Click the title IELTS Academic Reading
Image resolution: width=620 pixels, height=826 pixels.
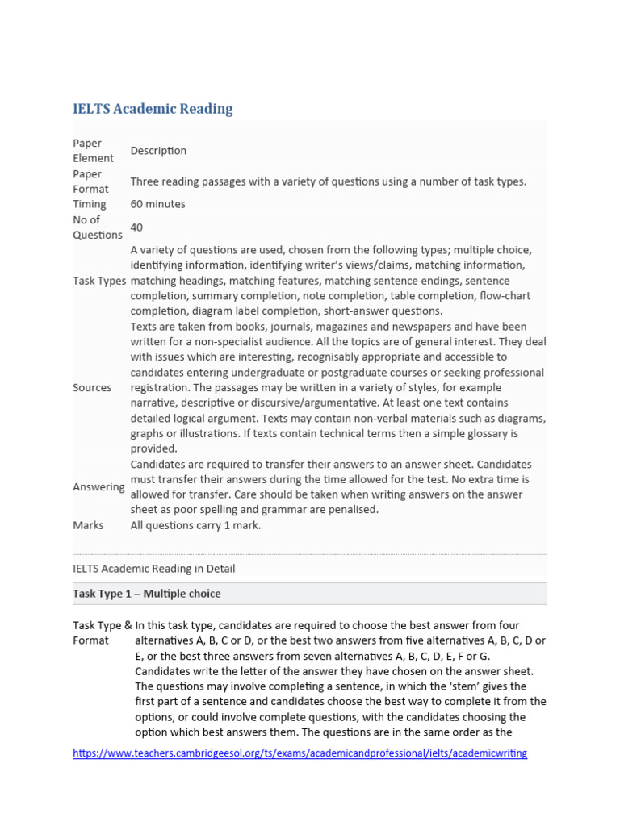[x=153, y=109]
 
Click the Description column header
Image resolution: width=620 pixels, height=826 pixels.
[x=158, y=151]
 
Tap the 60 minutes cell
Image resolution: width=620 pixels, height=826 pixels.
[x=157, y=204]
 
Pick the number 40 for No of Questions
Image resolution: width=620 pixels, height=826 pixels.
[x=137, y=227]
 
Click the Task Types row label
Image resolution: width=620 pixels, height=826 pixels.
[x=99, y=281]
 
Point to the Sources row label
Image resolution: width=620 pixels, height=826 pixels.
[x=92, y=387]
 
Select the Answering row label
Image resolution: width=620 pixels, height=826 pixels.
[x=98, y=487]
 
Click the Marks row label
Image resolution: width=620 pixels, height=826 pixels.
[x=88, y=525]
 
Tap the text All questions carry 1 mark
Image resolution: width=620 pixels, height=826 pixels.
[x=195, y=525]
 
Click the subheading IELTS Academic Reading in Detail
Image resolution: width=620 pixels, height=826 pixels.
[x=153, y=569]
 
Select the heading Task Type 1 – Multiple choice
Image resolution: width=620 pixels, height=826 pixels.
[x=146, y=594]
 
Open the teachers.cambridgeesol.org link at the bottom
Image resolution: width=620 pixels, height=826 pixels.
[x=300, y=753]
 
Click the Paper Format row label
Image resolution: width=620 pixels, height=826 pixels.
[x=90, y=181]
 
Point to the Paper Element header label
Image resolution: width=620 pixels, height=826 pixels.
[x=93, y=151]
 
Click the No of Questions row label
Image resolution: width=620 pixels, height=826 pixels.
[x=97, y=227]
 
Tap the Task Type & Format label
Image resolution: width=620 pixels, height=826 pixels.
[x=103, y=632]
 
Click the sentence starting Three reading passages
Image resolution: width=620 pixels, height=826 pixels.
[x=328, y=181]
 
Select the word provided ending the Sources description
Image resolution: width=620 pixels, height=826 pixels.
[x=153, y=448]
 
